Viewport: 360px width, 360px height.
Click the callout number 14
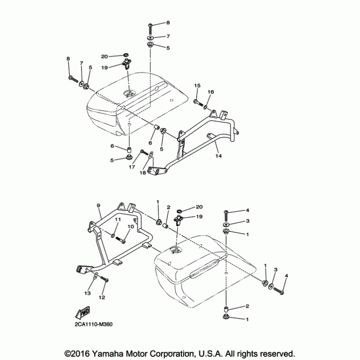(218, 156)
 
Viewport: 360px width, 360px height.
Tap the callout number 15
(197, 85)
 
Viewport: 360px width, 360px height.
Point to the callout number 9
(98, 206)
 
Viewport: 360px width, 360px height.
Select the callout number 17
(131, 167)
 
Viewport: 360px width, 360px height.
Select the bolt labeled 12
(105, 279)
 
